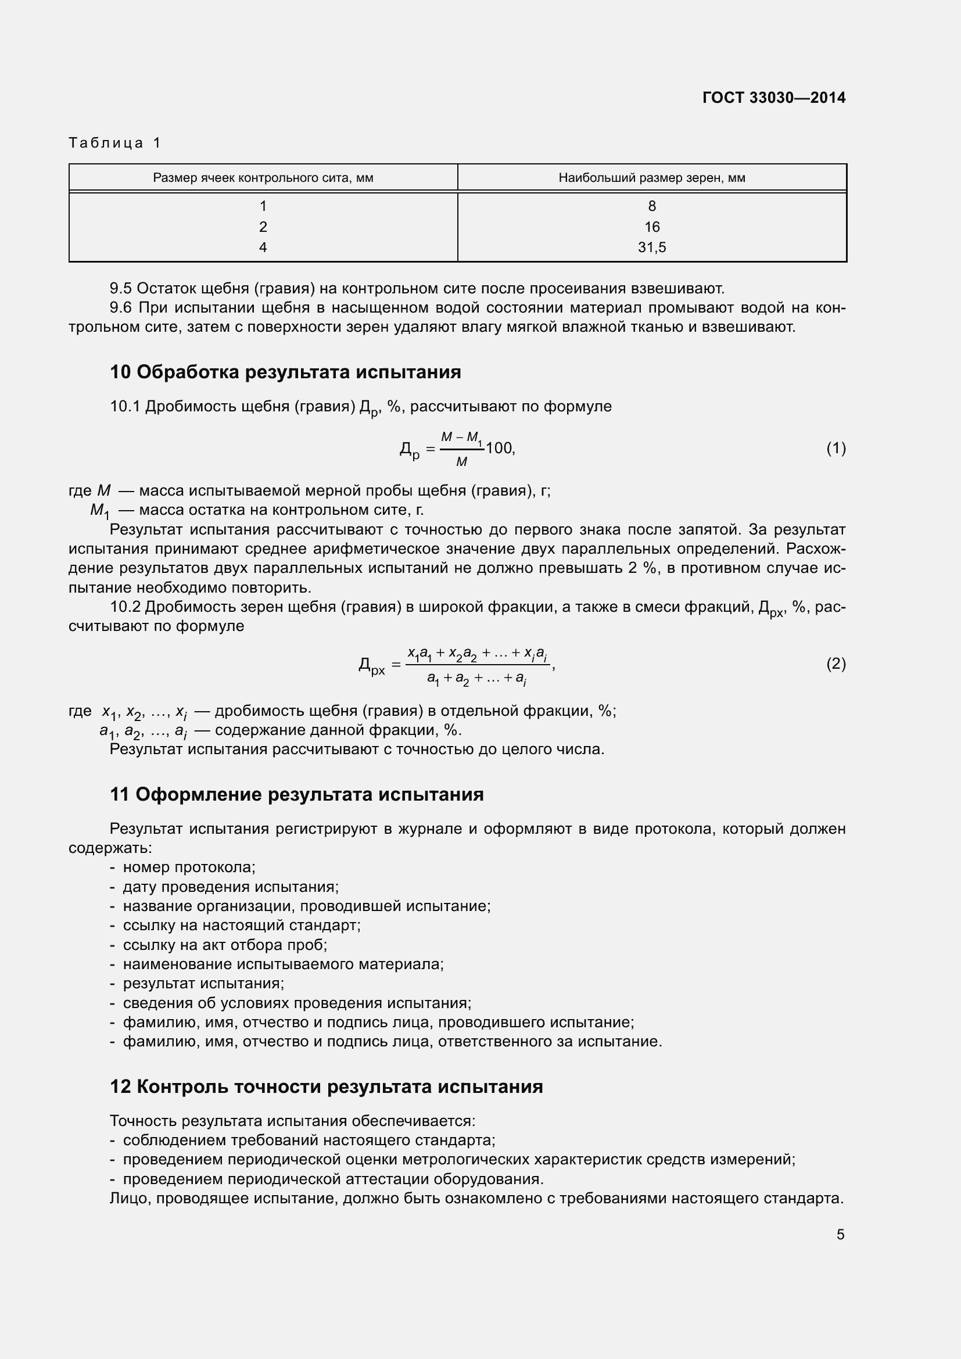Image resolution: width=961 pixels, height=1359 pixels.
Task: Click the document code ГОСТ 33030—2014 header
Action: pos(774,98)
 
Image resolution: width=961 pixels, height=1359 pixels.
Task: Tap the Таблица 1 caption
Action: pos(115,143)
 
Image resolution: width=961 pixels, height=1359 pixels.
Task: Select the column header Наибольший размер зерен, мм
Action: pos(651,178)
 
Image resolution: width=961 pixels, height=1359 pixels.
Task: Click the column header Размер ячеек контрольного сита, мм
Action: pos(263,178)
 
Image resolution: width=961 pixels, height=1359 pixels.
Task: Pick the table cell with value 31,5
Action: pos(651,248)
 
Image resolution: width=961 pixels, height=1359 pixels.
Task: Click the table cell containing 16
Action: pos(651,227)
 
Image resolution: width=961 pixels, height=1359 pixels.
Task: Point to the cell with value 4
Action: pos(263,248)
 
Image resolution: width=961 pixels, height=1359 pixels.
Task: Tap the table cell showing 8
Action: pos(651,206)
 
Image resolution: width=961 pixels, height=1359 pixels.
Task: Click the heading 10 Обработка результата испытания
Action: pos(285,372)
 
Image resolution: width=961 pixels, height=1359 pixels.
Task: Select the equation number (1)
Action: pos(836,448)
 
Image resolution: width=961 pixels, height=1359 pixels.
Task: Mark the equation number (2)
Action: pos(836,664)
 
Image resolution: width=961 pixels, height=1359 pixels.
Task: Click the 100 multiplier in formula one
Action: pos(499,448)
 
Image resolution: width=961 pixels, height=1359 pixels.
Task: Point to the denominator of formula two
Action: pos(476,679)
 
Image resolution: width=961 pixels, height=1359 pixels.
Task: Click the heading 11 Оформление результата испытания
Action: pos(296,794)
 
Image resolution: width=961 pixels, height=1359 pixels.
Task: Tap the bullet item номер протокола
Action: pos(189,867)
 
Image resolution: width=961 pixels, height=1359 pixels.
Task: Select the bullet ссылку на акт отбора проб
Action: pos(225,945)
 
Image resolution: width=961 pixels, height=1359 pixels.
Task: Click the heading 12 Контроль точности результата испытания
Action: pos(326,1087)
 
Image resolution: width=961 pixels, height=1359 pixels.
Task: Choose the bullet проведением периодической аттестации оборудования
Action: pos(332,1179)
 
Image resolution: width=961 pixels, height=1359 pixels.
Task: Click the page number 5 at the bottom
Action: pos(840,1235)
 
